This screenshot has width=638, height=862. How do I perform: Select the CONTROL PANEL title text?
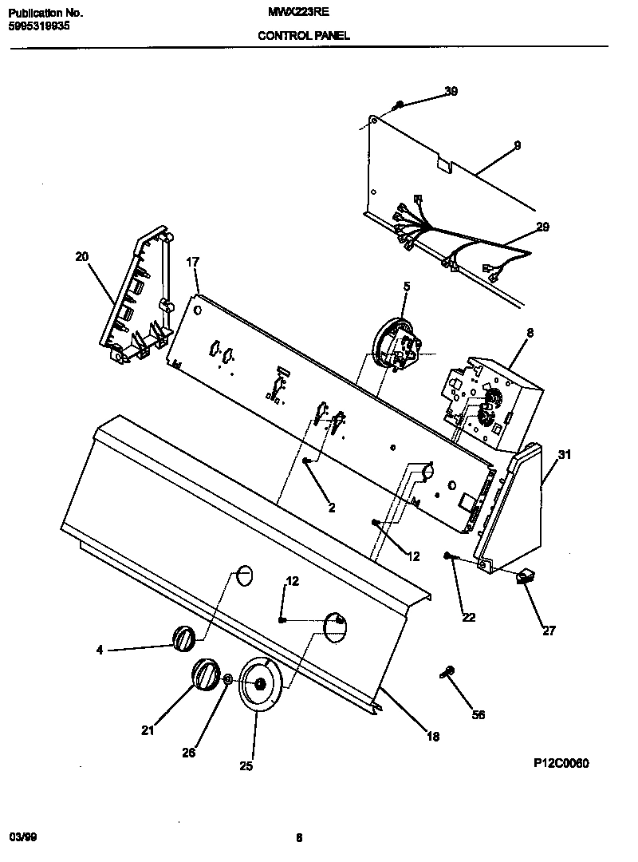(x=303, y=36)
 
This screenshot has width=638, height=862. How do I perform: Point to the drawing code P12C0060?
(x=561, y=763)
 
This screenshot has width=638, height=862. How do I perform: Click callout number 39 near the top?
(x=451, y=92)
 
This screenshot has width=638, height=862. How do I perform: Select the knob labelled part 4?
(x=183, y=639)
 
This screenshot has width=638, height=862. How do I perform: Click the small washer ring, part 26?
(x=228, y=678)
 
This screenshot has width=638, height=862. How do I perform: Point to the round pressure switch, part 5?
(x=396, y=343)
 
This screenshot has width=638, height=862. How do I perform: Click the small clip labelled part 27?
(x=526, y=577)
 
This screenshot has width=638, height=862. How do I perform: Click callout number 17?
(x=191, y=262)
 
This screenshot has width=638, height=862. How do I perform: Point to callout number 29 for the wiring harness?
(x=542, y=227)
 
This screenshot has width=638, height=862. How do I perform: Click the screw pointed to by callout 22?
(x=449, y=556)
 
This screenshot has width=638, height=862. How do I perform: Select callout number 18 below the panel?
(x=432, y=737)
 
